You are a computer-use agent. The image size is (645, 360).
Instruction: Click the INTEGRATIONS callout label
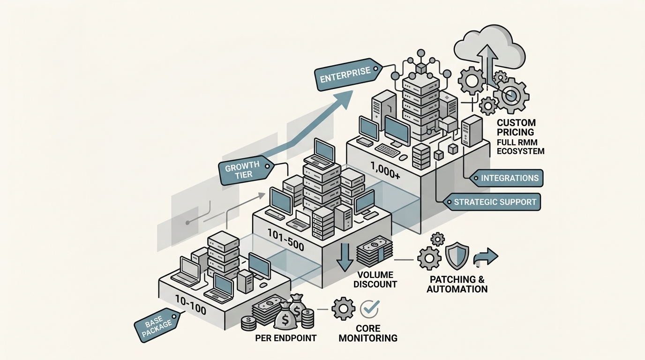pos(503,178)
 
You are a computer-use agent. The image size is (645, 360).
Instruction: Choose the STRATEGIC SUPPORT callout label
pos(495,202)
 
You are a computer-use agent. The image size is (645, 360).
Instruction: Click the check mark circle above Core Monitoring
pos(369,308)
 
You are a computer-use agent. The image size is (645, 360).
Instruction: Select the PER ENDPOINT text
pos(286,338)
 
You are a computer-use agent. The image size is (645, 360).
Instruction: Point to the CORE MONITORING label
pos(368,333)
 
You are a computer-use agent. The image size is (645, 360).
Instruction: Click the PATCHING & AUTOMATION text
pos(457,284)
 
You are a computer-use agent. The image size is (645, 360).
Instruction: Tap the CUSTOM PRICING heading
pos(517,127)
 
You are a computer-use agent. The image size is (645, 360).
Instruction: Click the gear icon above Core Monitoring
pos(343,309)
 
